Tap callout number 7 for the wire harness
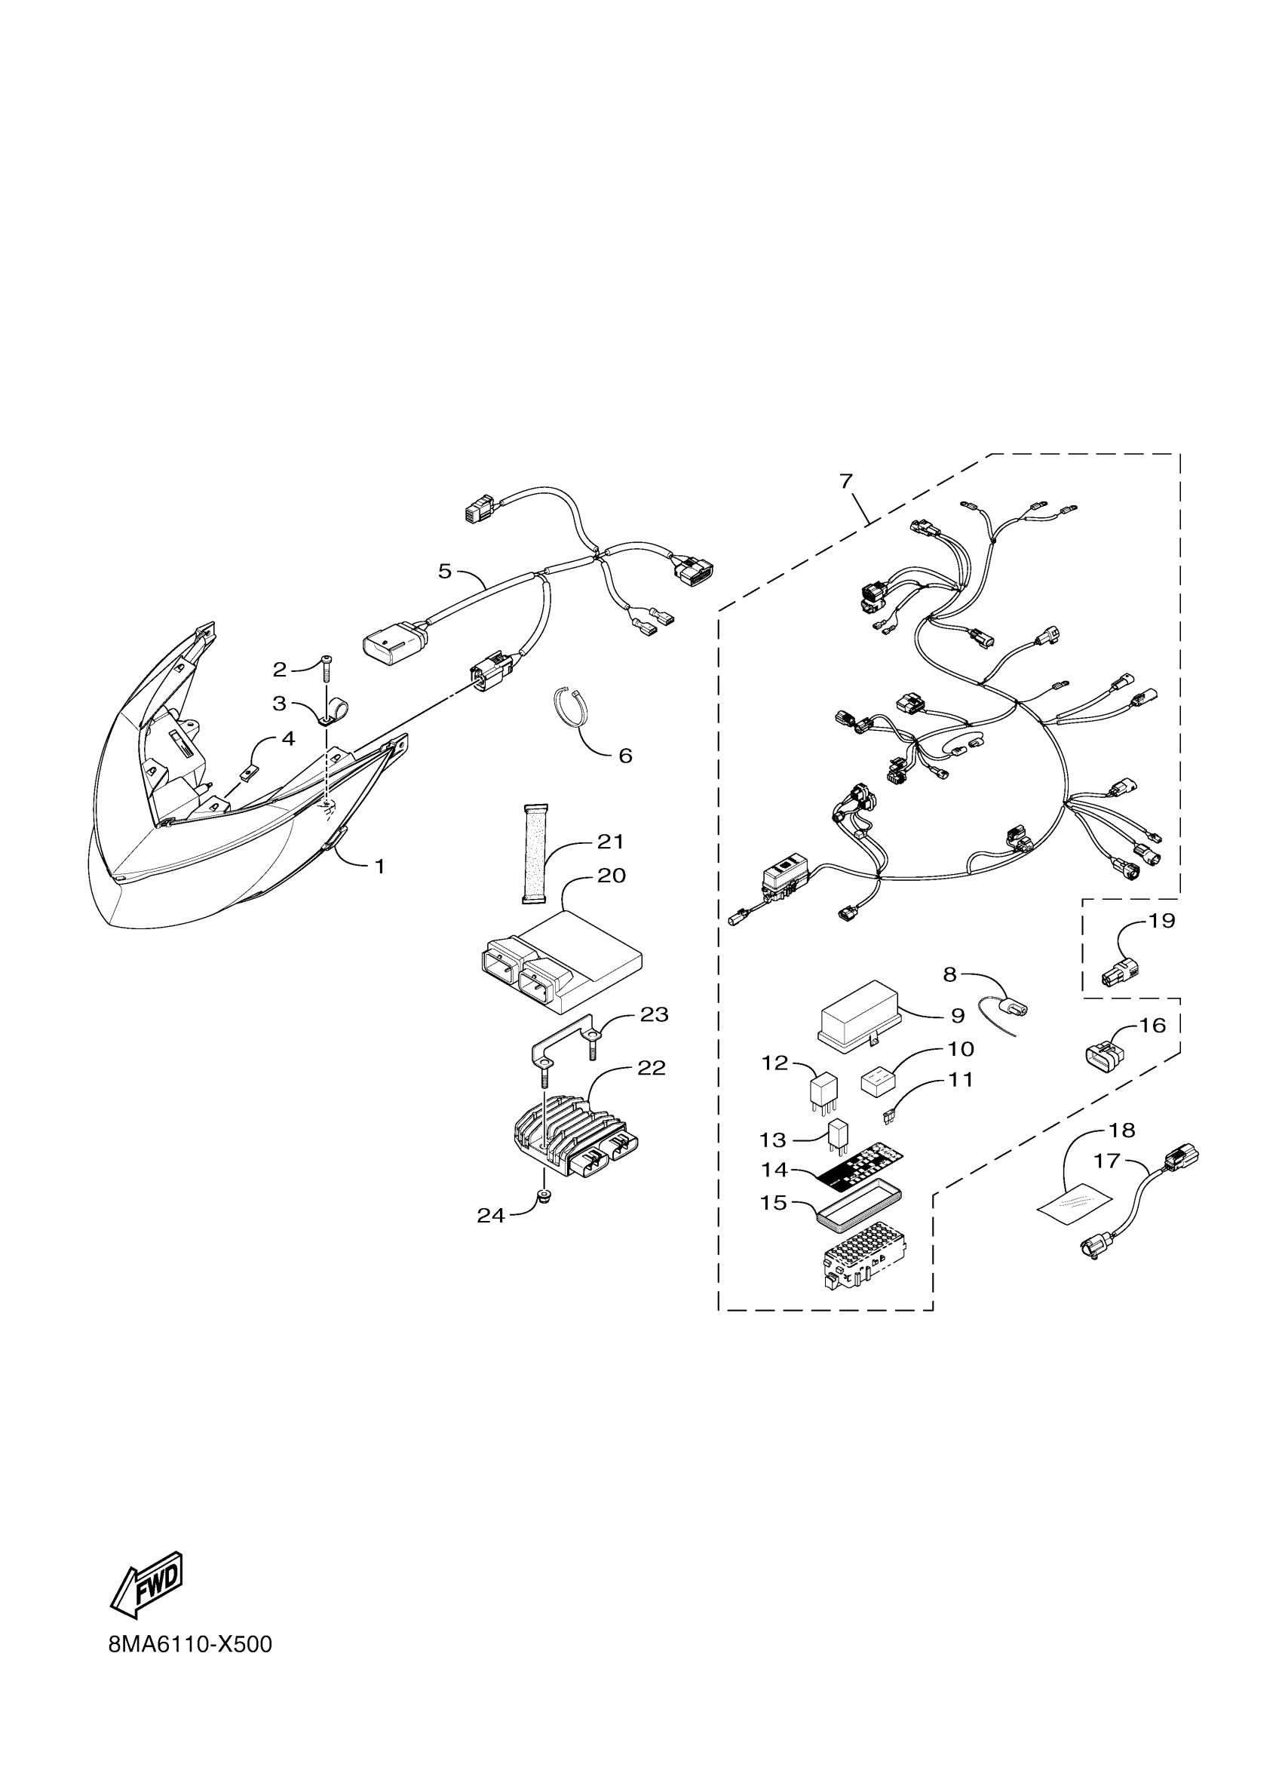coord(847,481)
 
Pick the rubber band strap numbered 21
coord(535,854)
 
